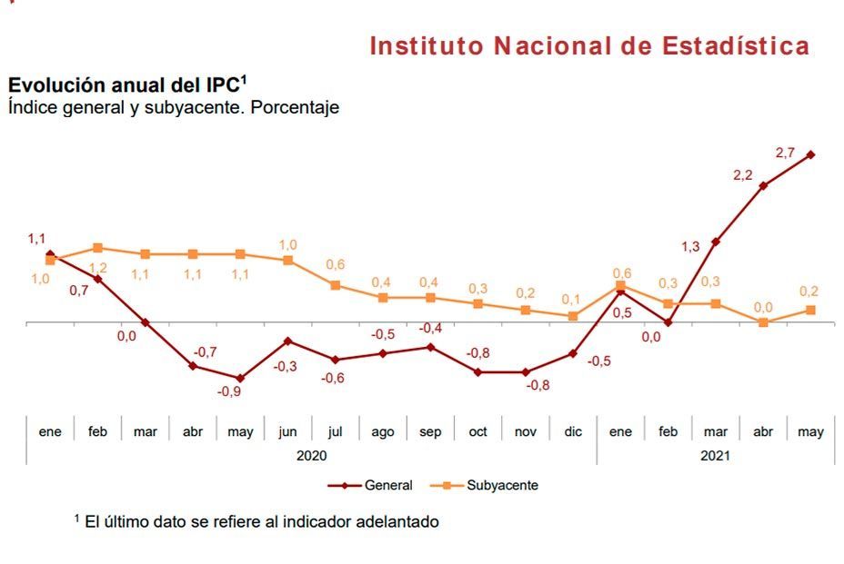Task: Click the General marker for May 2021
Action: coord(810,154)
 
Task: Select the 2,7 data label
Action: coord(785,153)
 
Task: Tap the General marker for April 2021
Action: coord(763,185)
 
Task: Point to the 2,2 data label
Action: coord(742,174)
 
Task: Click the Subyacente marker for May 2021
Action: coord(810,310)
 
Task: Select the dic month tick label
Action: coord(573,431)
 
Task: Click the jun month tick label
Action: coord(287,431)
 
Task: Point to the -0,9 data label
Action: coord(228,392)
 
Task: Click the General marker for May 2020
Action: coord(240,378)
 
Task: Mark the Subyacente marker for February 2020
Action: coord(97,247)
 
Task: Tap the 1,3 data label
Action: coord(690,246)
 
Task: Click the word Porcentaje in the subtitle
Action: coord(294,107)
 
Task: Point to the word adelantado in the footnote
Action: coord(394,521)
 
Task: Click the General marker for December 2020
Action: coord(573,353)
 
